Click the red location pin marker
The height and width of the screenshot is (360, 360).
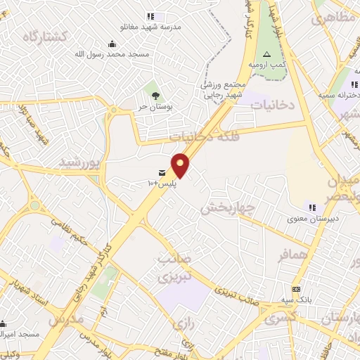(181, 165)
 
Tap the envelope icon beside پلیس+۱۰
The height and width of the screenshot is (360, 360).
(162, 173)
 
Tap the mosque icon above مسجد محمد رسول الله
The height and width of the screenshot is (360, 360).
(112, 43)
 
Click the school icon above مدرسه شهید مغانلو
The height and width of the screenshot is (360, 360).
(150, 15)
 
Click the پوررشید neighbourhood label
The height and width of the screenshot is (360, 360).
(83, 163)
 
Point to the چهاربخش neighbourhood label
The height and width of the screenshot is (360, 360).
(228, 207)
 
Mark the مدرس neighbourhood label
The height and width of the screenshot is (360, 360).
(65, 319)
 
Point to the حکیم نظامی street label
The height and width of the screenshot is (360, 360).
(67, 231)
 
